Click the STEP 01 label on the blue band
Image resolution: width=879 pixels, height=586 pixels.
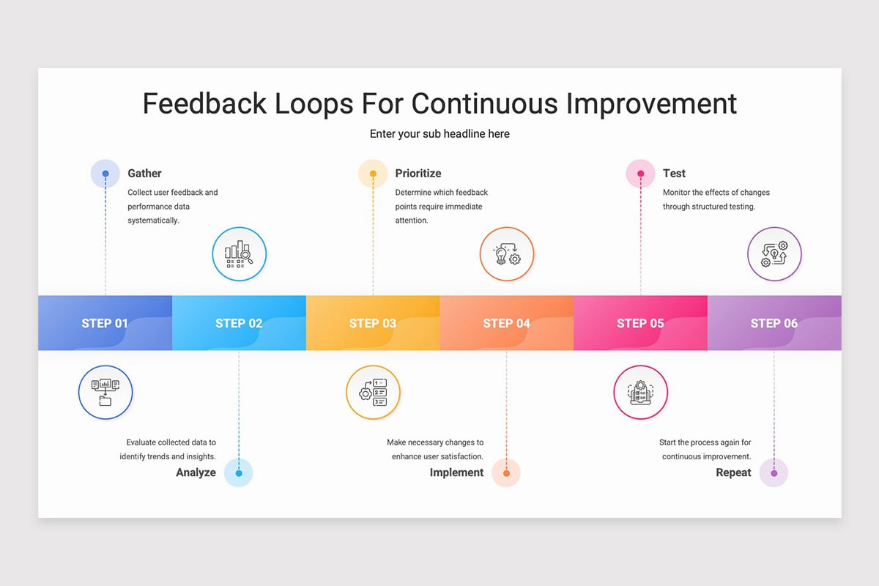point(105,324)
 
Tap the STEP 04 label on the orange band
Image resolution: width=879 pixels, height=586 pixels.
point(506,324)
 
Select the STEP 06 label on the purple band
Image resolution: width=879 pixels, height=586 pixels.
point(774,324)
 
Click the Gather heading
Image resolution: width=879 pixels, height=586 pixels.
point(144,174)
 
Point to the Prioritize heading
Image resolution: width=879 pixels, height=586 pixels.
point(418,174)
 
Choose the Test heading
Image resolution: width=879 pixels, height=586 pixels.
point(674,174)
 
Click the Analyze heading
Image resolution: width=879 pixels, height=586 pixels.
point(196,472)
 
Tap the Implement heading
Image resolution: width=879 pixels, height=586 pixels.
point(456,472)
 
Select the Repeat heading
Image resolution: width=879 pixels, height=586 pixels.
point(733,472)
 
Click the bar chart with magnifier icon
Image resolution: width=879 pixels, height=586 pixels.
point(239,254)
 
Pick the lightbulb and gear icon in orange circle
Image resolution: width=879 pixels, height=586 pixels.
point(507,254)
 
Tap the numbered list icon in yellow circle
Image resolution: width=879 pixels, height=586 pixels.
point(373,392)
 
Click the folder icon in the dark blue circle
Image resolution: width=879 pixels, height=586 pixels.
point(105,392)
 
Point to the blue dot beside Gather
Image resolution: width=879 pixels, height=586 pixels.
point(105,174)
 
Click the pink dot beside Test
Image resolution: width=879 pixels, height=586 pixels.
point(640,174)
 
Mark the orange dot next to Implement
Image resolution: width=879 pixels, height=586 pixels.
point(506,473)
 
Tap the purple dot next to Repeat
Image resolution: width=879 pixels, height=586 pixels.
point(774,473)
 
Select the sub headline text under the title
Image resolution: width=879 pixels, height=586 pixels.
point(439,134)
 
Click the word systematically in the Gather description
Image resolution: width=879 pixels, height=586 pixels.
point(153,220)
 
